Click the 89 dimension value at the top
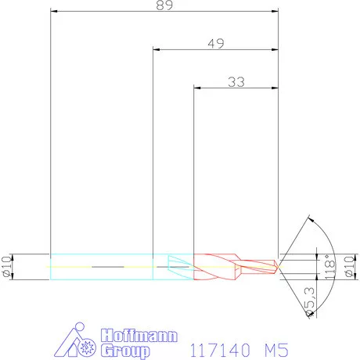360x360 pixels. [164, 5]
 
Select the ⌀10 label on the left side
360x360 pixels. [8, 266]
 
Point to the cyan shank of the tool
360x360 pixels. [102, 267]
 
